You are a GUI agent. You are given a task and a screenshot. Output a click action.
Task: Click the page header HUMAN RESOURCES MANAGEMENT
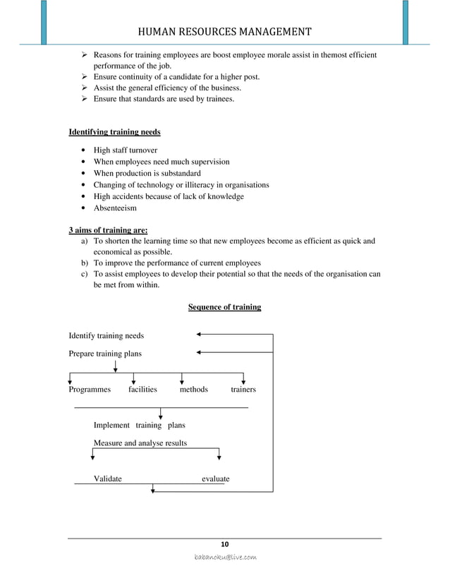click(224, 31)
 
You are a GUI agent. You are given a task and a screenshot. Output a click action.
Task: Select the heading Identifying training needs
click(114, 132)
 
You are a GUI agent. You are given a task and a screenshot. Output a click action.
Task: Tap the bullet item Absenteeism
click(115, 208)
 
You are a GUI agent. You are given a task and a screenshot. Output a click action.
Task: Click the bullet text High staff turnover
click(126, 150)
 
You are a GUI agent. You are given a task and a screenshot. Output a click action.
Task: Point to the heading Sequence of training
click(224, 307)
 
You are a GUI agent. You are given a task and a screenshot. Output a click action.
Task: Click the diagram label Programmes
click(90, 390)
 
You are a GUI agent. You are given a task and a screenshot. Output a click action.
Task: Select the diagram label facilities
click(142, 390)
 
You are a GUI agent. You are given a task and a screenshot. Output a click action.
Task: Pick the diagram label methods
click(194, 390)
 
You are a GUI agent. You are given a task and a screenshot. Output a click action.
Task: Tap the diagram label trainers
click(243, 390)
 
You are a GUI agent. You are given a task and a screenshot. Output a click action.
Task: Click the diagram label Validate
click(107, 479)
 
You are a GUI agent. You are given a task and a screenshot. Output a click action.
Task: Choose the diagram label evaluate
click(215, 479)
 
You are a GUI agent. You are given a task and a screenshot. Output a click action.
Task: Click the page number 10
click(225, 543)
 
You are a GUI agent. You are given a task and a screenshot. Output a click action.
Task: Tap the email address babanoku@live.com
click(225, 558)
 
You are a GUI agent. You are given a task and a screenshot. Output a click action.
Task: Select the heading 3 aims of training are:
click(108, 229)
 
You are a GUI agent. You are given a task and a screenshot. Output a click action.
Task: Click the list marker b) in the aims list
click(75, 263)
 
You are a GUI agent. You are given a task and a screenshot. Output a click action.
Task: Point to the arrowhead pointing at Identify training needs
click(200, 334)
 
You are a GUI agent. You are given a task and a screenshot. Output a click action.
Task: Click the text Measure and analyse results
click(140, 443)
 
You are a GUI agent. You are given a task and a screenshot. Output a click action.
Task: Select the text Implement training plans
click(140, 426)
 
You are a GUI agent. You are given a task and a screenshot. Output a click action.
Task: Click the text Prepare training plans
click(104, 353)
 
